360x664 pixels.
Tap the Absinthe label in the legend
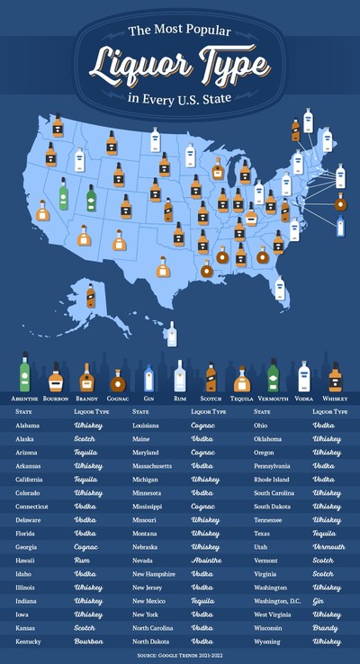click(x=24, y=397)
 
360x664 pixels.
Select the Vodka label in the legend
click(x=305, y=397)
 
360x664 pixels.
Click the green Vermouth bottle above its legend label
click(x=273, y=375)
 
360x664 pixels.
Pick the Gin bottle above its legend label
click(x=149, y=377)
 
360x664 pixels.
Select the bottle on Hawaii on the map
click(x=169, y=334)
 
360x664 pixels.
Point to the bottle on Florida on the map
click(x=280, y=289)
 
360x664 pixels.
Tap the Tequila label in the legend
click(x=240, y=397)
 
